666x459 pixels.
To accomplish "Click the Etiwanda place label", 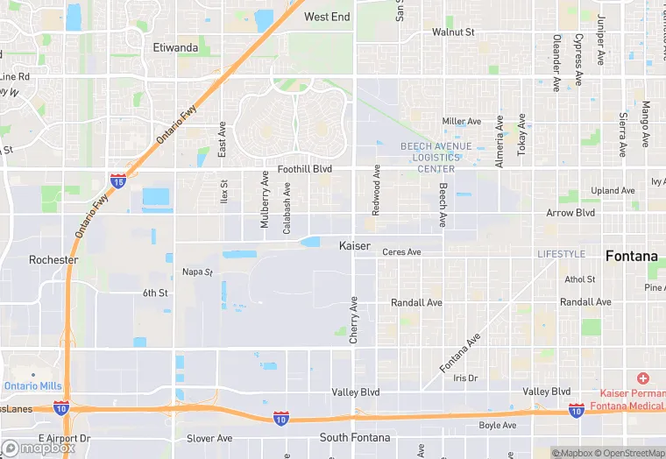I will (x=176, y=47).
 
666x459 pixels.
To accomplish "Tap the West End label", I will (x=327, y=17).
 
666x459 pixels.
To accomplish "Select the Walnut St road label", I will (x=453, y=32).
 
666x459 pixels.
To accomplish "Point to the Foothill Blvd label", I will (x=304, y=168).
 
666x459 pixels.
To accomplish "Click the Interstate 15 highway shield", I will (x=117, y=180).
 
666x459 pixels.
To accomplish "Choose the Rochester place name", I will (x=53, y=260).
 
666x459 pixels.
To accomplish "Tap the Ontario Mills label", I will (x=33, y=385).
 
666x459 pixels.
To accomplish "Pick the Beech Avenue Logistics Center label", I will (x=436, y=158).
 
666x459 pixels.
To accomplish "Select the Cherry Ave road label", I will (x=354, y=320).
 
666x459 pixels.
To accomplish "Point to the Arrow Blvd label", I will (x=570, y=213).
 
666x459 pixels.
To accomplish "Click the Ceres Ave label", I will (x=401, y=252).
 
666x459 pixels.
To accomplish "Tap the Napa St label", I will (x=197, y=272).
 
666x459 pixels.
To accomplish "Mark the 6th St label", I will (x=155, y=293).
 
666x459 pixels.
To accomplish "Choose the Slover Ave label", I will (x=209, y=438).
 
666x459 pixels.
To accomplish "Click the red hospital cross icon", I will (x=642, y=378).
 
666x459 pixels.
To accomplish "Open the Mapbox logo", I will (x=39, y=448).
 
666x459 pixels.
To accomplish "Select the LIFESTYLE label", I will (x=561, y=254).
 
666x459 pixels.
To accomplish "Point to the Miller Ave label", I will (x=462, y=122).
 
